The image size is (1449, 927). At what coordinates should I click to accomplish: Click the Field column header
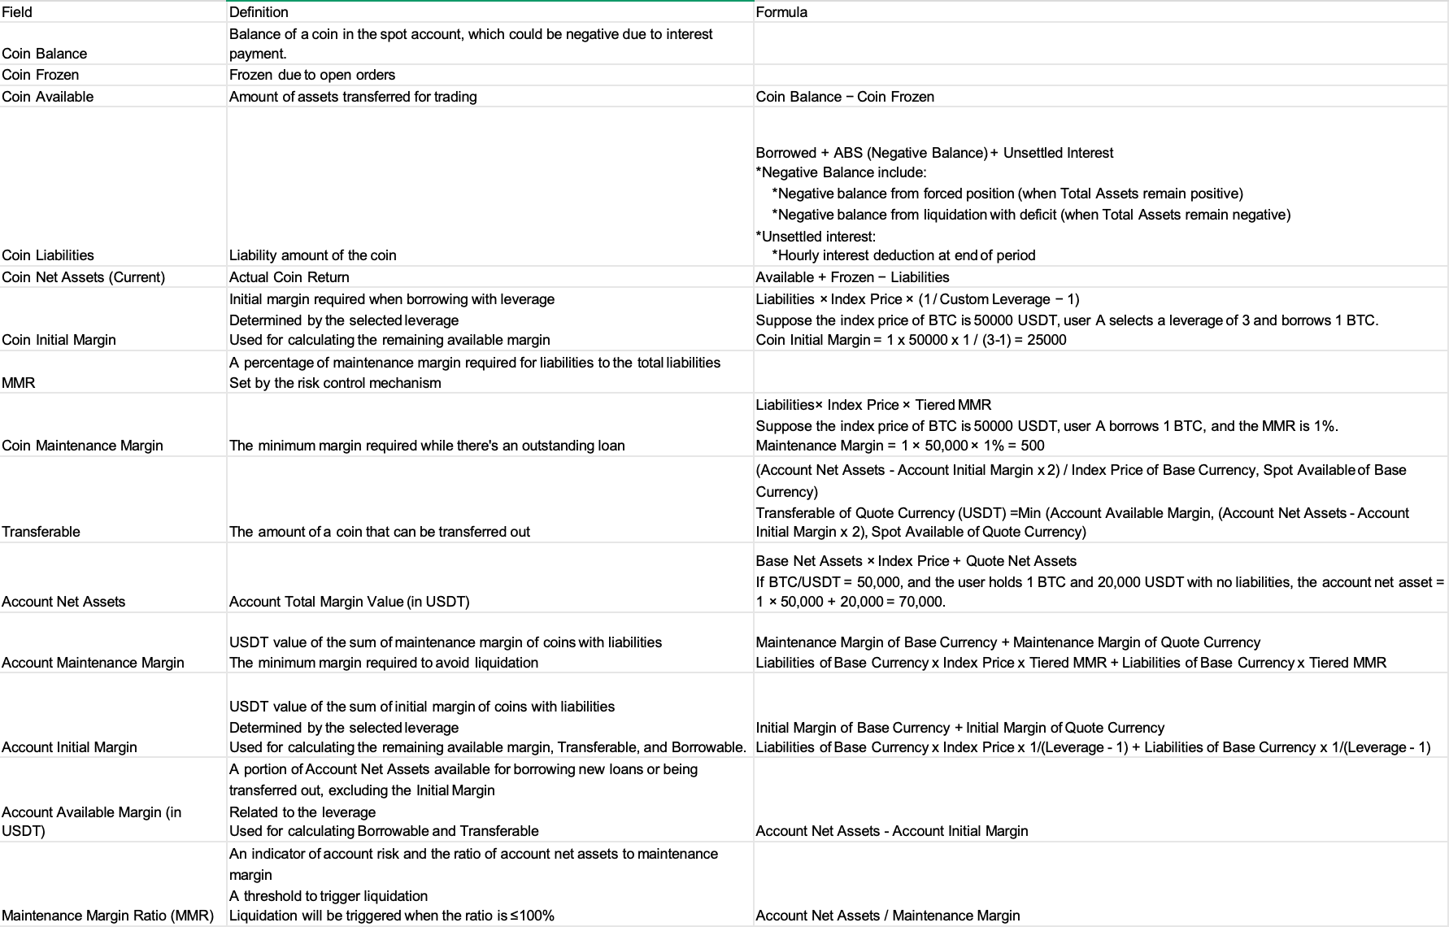click(17, 12)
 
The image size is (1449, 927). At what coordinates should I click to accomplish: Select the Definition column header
click(259, 12)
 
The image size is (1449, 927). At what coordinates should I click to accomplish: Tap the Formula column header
click(781, 12)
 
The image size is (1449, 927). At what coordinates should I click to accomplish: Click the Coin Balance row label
click(45, 54)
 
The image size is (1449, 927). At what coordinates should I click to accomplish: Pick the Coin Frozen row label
click(41, 75)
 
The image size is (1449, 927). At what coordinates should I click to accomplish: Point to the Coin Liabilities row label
click(48, 255)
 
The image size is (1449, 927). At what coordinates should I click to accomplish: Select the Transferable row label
click(41, 532)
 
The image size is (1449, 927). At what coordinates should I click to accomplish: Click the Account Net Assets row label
click(63, 602)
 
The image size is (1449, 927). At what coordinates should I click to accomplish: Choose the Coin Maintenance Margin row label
click(82, 446)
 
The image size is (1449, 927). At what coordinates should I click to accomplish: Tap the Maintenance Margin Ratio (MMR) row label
click(107, 916)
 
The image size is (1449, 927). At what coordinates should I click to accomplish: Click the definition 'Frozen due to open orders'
click(312, 75)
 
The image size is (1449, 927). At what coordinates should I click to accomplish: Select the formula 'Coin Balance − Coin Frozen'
click(845, 97)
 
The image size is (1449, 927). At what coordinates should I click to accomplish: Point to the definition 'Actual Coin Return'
click(289, 277)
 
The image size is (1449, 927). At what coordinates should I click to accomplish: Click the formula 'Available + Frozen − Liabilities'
click(852, 277)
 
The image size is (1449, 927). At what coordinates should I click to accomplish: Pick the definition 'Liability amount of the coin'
click(313, 255)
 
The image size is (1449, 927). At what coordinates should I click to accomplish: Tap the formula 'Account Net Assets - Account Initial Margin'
click(892, 831)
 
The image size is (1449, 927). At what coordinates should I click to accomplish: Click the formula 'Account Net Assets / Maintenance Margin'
click(888, 916)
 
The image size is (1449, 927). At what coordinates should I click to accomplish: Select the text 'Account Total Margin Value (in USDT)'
click(350, 602)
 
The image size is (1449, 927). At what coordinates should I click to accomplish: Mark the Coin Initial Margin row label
click(59, 340)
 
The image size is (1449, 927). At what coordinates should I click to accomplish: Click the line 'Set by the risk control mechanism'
click(335, 383)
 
